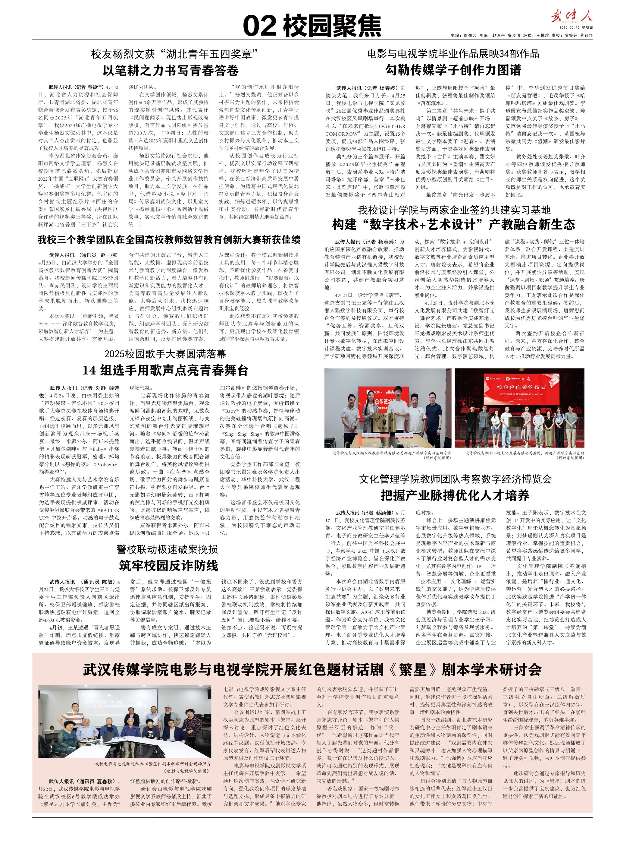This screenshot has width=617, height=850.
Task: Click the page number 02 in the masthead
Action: coord(261,26)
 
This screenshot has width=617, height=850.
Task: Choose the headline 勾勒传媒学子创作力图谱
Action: coord(453,70)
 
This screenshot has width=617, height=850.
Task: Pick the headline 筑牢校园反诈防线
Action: coord(168,566)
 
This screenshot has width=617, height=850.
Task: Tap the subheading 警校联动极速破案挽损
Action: coord(167,549)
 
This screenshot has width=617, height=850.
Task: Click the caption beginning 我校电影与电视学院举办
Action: coord(152,763)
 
